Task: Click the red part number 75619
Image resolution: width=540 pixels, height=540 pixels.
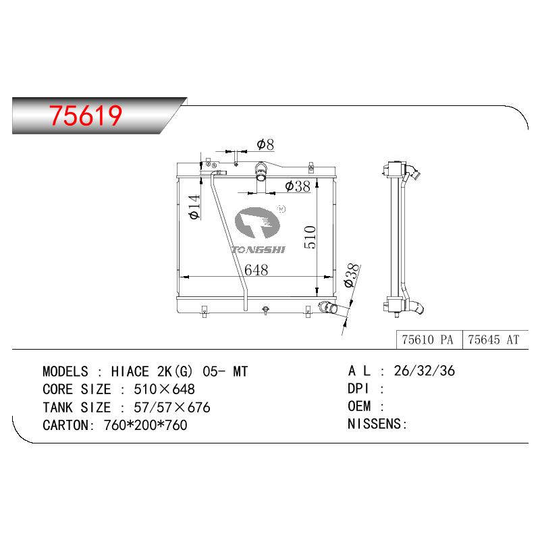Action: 86,115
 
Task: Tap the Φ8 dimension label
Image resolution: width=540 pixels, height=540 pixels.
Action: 265,144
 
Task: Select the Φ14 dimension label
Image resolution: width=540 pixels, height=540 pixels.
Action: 194,207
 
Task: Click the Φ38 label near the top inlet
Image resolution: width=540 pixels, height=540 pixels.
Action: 298,186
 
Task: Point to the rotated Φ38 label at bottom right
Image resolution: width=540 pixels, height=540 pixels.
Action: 352,275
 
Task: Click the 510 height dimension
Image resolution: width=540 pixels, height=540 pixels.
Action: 310,237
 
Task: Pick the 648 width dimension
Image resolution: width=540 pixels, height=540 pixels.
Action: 256,270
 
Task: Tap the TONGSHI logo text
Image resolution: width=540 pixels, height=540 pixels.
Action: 259,250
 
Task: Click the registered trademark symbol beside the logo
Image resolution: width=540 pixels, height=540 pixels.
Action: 281,209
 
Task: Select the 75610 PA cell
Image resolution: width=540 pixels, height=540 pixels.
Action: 427,340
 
